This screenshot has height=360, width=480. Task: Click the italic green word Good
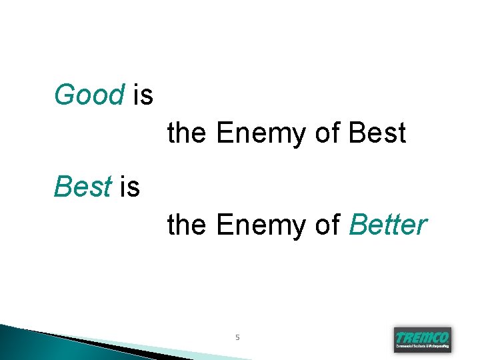(x=89, y=95)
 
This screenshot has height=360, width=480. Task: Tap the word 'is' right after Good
(x=143, y=95)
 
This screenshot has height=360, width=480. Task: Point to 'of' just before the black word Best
(x=327, y=133)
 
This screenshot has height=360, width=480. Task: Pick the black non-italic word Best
(x=377, y=133)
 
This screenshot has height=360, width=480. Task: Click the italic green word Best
(x=82, y=187)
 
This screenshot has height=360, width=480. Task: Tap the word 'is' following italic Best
(x=130, y=187)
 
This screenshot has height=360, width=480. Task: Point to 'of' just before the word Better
(x=327, y=225)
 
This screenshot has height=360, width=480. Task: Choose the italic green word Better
(x=387, y=225)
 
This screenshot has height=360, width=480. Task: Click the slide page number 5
(x=237, y=338)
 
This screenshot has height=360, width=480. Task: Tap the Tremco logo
(x=423, y=339)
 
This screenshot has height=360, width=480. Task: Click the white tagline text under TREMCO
(x=423, y=347)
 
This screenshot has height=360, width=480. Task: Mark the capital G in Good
(x=63, y=95)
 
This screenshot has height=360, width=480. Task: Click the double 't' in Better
(x=392, y=225)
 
